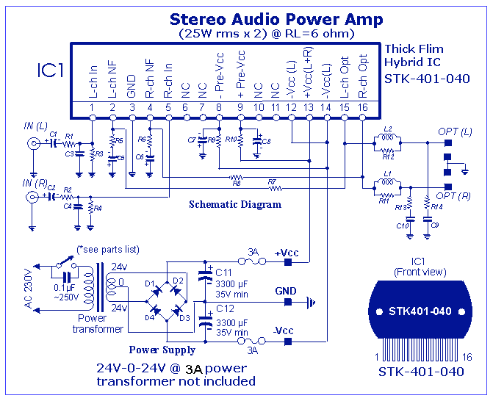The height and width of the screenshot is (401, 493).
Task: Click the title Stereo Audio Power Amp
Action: tap(276, 19)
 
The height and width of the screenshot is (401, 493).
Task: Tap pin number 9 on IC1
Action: tap(240, 108)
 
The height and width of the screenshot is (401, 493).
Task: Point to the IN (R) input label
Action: tap(35, 182)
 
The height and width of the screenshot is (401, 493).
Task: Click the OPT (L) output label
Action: tap(453, 131)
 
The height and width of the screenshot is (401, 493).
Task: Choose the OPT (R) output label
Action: tap(453, 197)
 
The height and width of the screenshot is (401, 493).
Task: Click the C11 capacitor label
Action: tap(225, 272)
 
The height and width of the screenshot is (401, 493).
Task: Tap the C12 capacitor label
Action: tap(225, 308)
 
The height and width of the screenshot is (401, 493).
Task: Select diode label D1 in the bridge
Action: tap(150, 283)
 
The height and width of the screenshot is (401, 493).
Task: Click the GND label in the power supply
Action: tap(286, 291)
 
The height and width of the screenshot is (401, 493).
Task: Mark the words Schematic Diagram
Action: tap(235, 204)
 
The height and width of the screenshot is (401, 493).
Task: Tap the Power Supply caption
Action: tap(162, 350)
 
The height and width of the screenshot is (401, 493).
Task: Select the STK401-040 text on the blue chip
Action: tap(420, 311)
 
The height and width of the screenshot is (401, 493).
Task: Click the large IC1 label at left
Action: tap(51, 71)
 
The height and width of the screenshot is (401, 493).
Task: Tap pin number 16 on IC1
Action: tap(362, 108)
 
